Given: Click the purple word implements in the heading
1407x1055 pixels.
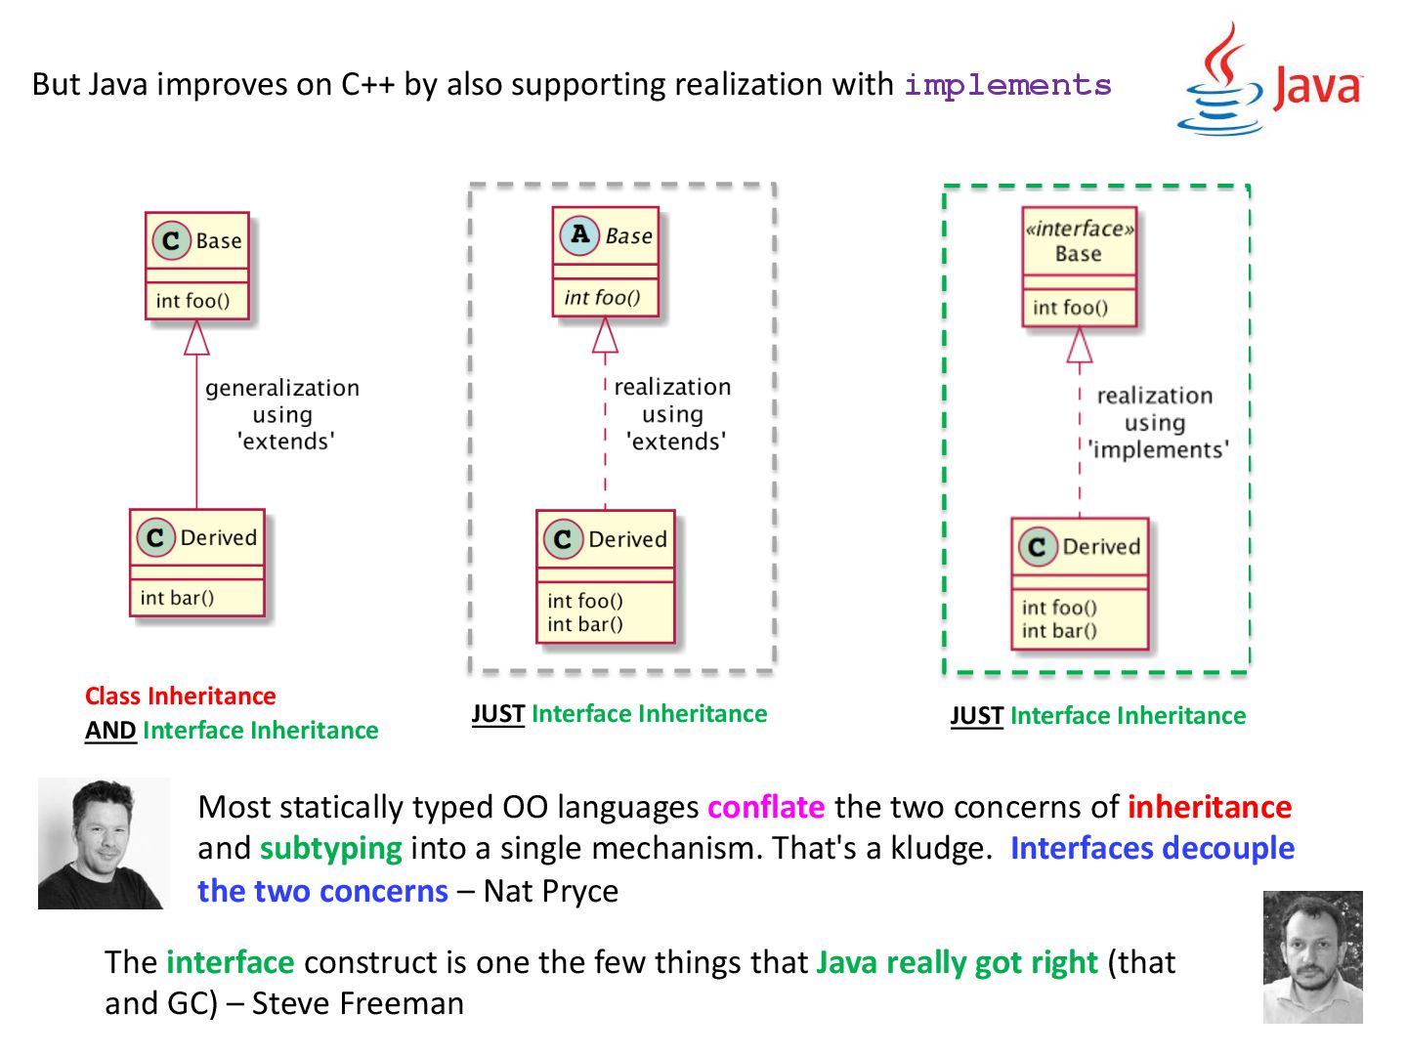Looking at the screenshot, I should coord(1007,86).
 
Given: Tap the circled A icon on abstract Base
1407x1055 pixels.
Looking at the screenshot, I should coord(579,234).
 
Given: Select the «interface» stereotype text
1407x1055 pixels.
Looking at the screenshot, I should coord(1079,230).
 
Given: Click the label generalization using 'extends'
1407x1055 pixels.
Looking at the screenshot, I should coord(282,414).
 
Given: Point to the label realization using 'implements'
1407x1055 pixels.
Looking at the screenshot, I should coord(1157,423).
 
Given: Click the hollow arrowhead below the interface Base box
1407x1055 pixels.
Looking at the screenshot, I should coord(1079,346).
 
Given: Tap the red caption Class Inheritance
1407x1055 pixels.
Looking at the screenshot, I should coord(180,696).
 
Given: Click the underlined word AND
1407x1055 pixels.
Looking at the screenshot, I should coord(110,731).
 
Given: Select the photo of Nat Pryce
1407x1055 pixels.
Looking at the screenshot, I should coord(103,844).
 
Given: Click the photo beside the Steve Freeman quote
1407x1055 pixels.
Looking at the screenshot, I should coord(1312,956).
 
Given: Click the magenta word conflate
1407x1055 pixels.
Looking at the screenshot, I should coord(766,807).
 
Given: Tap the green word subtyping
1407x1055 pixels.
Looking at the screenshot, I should coord(330,848).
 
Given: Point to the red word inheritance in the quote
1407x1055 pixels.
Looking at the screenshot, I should coord(1209,807).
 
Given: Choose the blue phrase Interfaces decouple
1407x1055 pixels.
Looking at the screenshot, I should coord(1152,848).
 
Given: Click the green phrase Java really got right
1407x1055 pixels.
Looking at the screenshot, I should coord(957,962).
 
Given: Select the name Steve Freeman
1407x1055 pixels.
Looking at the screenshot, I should coord(358,1003).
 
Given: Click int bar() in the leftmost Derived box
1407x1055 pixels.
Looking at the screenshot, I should coord(177,598).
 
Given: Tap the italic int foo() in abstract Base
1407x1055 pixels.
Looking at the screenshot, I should coord(602,298).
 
